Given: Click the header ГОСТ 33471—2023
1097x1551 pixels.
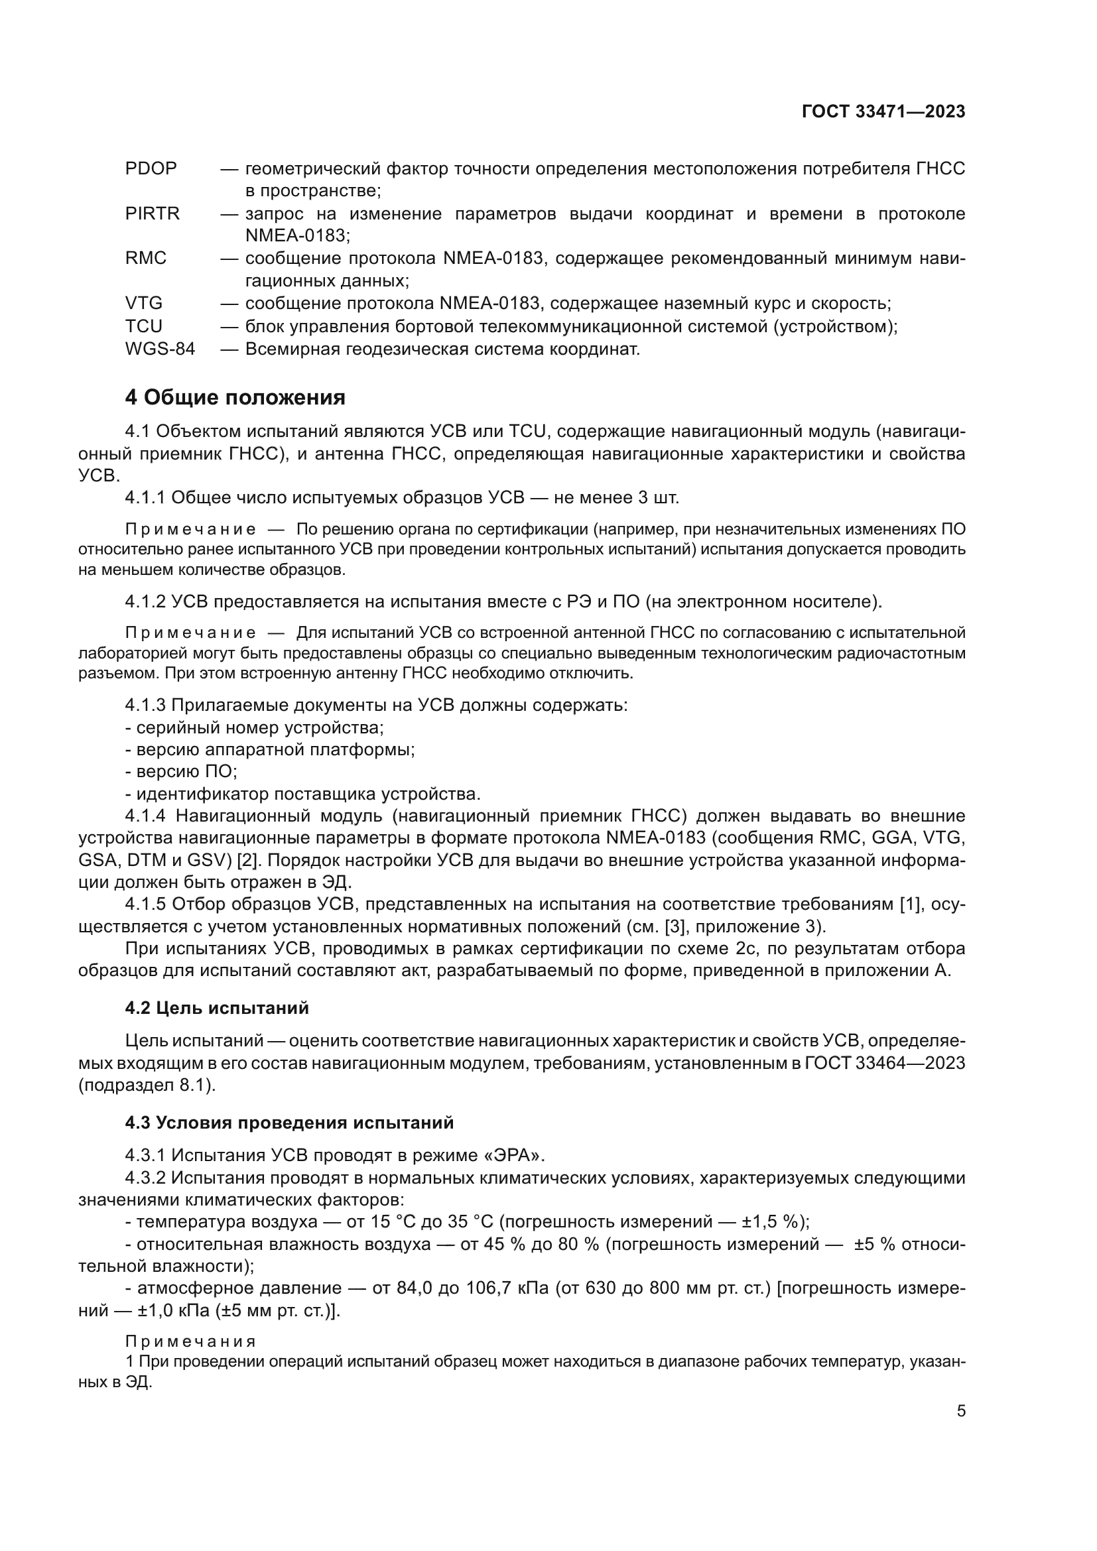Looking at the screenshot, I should [x=883, y=111].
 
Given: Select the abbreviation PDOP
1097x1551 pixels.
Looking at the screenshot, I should [x=151, y=168].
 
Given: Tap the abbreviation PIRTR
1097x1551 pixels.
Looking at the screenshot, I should [x=152, y=214].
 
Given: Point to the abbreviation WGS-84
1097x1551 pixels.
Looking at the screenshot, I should [x=159, y=349].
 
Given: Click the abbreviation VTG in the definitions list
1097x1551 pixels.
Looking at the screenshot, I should [x=143, y=303].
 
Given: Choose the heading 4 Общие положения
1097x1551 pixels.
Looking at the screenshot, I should [x=235, y=397].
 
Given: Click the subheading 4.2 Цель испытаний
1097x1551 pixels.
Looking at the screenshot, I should [x=217, y=1008].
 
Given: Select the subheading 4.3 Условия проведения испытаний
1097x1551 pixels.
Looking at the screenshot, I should [x=289, y=1123].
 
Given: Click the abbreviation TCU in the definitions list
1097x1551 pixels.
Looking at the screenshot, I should [x=143, y=326].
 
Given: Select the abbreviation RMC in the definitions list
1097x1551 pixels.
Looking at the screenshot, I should [x=145, y=258].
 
